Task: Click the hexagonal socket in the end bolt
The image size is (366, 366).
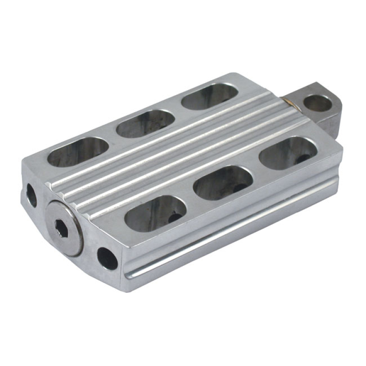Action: (61, 227)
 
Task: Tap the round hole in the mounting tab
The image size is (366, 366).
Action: (318, 103)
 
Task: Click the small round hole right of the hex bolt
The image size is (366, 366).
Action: (107, 258)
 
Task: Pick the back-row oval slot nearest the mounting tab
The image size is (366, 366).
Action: (210, 96)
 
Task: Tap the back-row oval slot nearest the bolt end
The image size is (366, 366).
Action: (78, 151)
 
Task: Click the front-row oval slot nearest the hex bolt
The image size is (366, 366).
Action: (156, 213)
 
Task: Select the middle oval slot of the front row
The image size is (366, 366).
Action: (223, 183)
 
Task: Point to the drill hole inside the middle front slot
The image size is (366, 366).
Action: (239, 188)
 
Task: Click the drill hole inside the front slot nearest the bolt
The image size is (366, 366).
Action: (174, 218)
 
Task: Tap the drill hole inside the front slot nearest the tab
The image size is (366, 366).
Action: (302, 159)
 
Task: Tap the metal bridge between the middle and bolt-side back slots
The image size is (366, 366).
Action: (113, 137)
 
